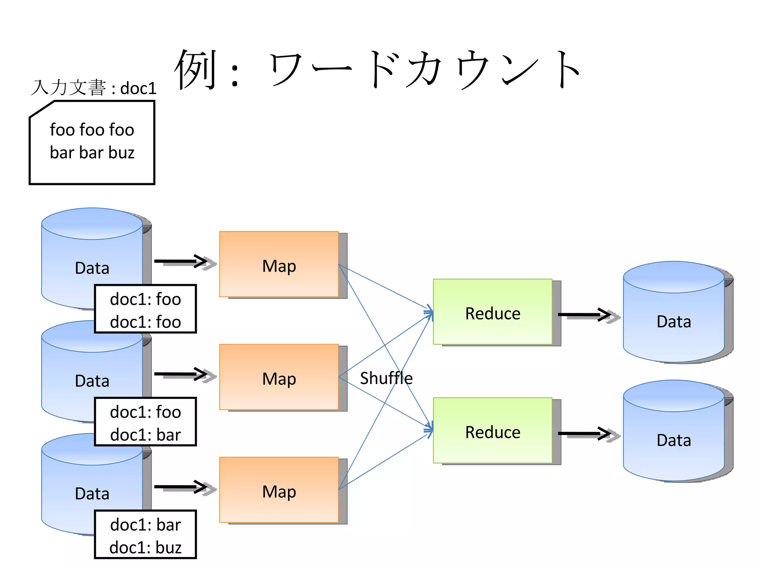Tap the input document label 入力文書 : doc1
coord(94,88)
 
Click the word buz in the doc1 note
coord(121,153)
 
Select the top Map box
coord(279,264)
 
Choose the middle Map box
coord(279,377)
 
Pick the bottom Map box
coord(279,490)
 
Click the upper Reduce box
coord(492,312)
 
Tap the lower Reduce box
coord(492,430)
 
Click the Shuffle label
coord(386,378)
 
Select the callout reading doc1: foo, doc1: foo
coord(145,309)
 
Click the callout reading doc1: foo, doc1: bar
coord(145,422)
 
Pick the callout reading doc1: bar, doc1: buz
coord(145,534)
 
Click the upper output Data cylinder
coord(674,315)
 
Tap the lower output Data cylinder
coord(674,434)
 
